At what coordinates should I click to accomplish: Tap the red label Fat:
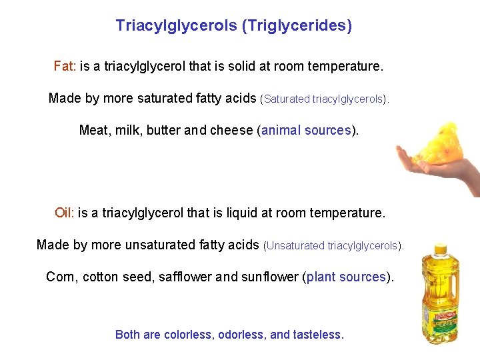[65, 67]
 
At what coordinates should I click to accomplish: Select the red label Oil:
[65, 213]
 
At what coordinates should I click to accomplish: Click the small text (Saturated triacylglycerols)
[325, 99]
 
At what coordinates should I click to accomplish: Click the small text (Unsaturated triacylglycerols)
[334, 245]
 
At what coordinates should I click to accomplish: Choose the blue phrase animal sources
[306, 130]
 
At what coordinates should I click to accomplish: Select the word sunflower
[271, 277]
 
